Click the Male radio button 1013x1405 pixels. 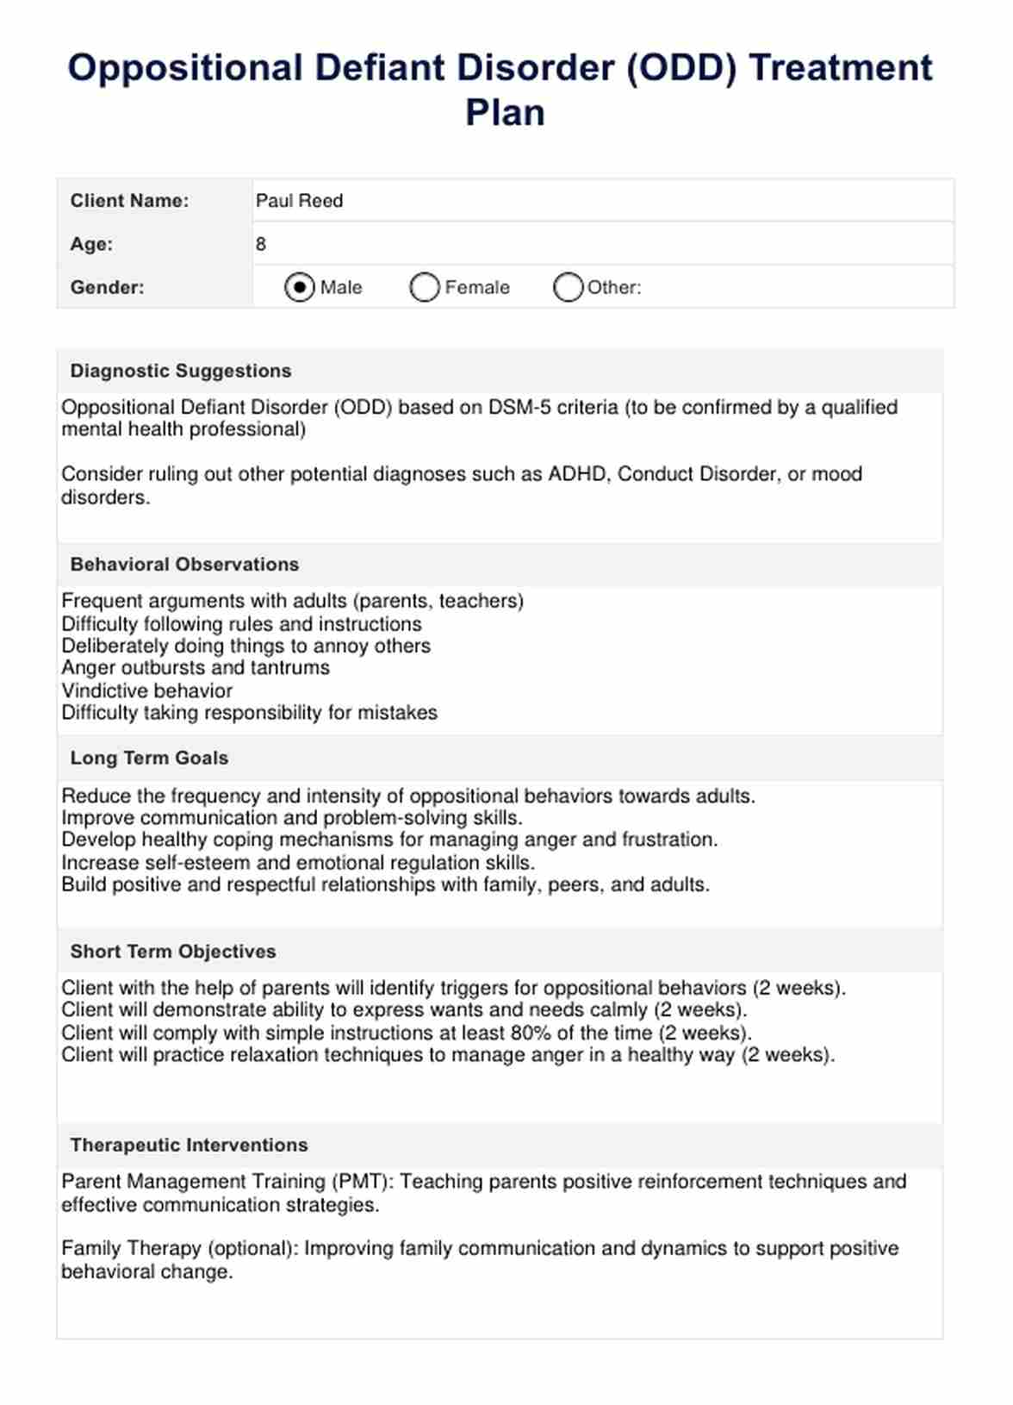pos(299,287)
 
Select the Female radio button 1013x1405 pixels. pos(425,287)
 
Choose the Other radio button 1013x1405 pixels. pos(568,287)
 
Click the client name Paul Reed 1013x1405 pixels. pos(299,201)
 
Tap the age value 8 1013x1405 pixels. pos(261,244)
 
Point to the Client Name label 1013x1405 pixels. pos(129,201)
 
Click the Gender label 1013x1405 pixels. pos(107,287)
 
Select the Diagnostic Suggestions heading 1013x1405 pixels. pos(181,371)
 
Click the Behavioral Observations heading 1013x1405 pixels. pos(184,565)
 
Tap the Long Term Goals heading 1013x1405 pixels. pos(149,758)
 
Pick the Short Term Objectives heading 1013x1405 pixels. pos(173,952)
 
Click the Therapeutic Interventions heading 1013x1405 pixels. pos(189,1145)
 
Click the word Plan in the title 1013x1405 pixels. pos(506,112)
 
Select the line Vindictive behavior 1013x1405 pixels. pos(146,690)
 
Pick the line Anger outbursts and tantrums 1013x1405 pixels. pos(196,668)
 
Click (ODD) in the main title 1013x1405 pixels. pos(681,68)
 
